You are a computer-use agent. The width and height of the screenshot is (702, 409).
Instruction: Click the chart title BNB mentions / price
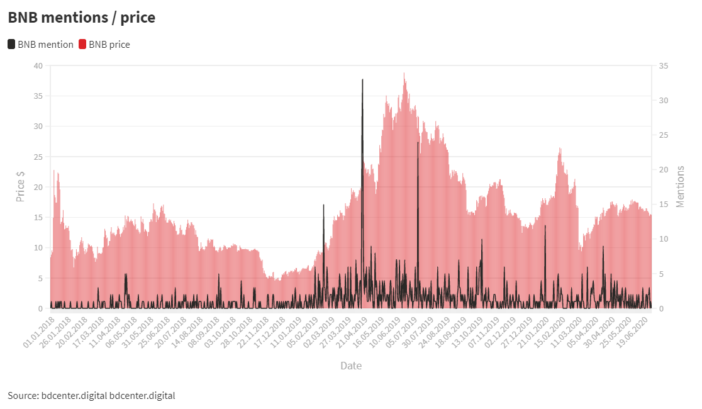click(x=82, y=18)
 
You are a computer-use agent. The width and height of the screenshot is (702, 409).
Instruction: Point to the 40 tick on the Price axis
click(x=38, y=66)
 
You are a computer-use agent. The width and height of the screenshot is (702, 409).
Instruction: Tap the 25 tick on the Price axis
click(x=38, y=157)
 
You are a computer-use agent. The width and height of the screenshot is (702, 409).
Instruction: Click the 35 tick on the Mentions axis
click(x=664, y=66)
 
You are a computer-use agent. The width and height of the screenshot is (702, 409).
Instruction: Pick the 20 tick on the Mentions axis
click(x=664, y=170)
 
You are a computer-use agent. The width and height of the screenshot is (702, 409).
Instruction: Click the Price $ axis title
click(x=21, y=187)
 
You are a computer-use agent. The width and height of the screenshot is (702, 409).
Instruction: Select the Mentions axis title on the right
click(x=680, y=187)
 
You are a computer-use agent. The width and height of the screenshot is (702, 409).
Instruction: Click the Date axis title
click(x=351, y=366)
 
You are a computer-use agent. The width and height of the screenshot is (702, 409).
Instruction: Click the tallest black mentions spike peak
click(x=362, y=80)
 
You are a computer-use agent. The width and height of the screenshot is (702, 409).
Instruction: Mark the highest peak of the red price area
click(x=404, y=73)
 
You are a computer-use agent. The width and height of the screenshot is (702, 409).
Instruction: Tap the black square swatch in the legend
click(x=11, y=45)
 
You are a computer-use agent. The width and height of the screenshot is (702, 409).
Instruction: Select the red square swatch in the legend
click(x=82, y=45)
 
